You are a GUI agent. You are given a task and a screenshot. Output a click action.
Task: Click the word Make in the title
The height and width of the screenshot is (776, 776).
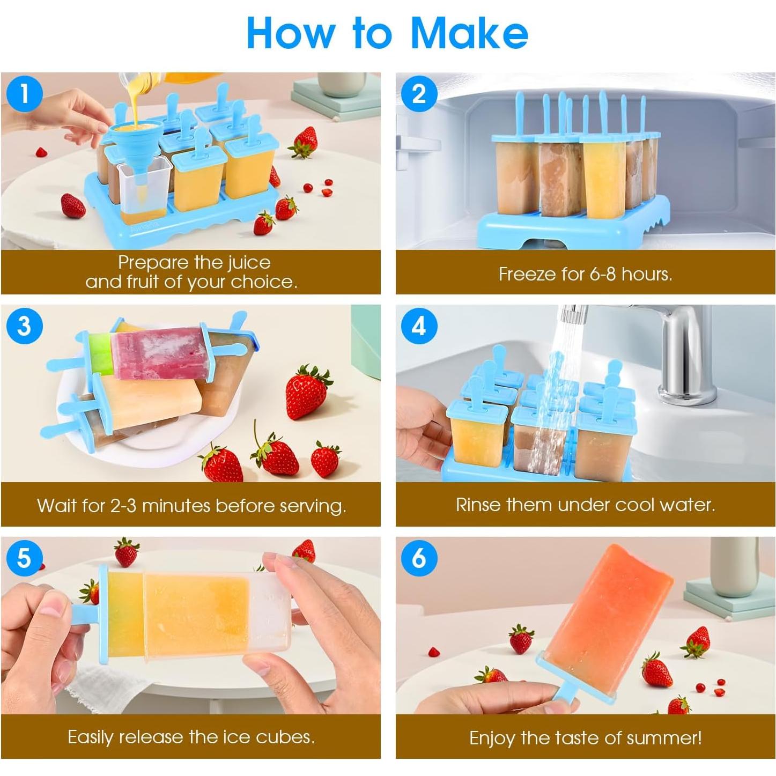[469, 33]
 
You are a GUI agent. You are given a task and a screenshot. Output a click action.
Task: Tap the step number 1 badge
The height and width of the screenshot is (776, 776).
[24, 94]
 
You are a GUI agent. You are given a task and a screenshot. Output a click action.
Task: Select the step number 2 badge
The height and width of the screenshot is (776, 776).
[419, 94]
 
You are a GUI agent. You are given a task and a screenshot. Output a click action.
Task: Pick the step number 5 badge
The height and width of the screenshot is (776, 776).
[24, 558]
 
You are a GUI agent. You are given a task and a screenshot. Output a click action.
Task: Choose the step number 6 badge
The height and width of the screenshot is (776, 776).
[419, 558]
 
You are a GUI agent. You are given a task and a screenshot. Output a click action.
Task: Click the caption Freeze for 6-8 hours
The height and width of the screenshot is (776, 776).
[585, 274]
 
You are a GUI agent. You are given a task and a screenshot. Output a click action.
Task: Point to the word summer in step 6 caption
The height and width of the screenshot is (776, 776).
[663, 738]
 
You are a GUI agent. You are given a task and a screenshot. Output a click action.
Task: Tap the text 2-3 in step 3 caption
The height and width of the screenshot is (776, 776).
[123, 506]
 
